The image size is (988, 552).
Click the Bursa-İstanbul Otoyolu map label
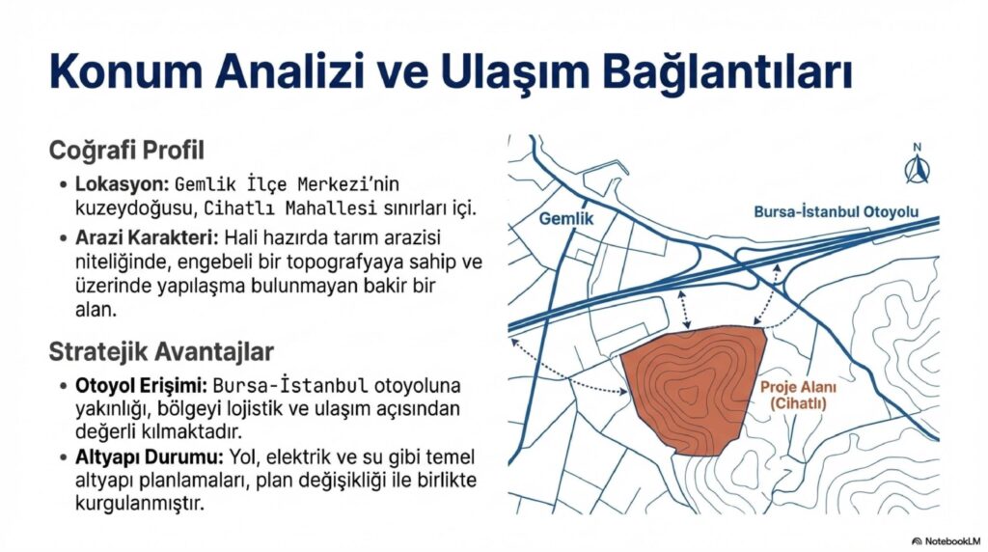pos(836,211)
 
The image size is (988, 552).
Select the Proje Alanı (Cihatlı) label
pos(793,395)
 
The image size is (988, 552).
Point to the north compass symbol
pos(916,165)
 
